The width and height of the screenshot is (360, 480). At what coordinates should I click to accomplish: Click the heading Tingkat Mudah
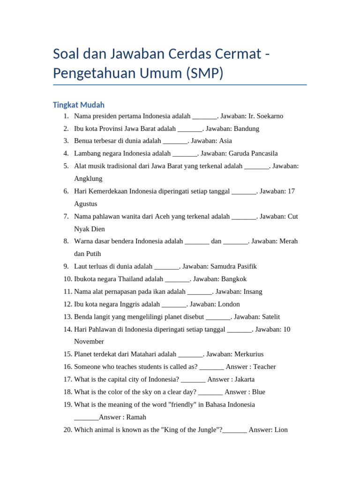point(78,105)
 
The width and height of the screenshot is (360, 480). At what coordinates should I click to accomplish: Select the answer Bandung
point(247,128)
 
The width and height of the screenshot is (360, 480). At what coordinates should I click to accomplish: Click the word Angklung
point(88,179)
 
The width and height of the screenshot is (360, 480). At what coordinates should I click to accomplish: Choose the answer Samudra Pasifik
point(233,266)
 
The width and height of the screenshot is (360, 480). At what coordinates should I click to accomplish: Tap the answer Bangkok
point(234,279)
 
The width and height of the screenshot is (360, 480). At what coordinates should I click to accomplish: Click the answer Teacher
point(264,367)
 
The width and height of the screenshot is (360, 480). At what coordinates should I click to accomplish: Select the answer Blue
point(258,392)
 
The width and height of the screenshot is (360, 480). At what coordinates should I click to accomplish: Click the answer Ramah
point(136,417)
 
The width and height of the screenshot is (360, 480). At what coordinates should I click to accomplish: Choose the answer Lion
point(281,429)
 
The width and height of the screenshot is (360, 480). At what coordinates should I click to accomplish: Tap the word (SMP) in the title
point(204,73)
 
